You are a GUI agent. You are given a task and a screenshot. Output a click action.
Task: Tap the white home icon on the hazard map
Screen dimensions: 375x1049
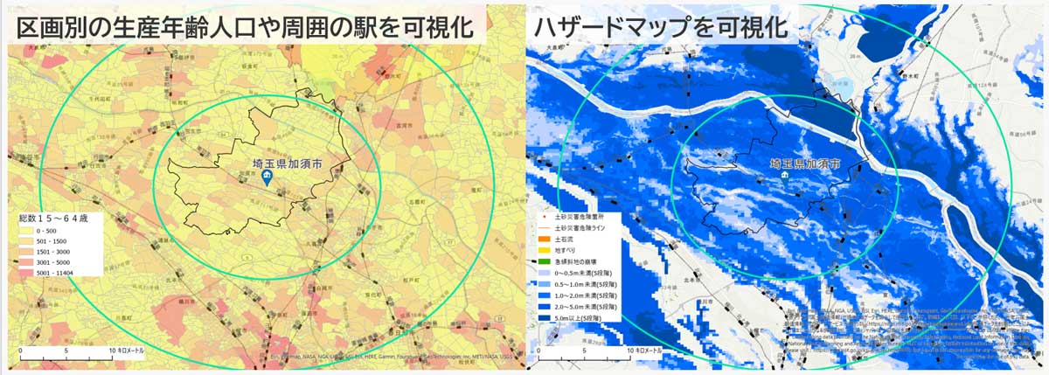[784, 176]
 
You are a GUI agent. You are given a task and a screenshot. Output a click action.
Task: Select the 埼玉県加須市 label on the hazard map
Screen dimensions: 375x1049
[804, 163]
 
